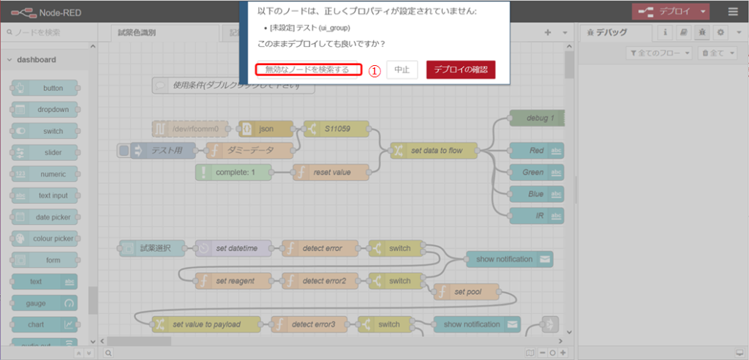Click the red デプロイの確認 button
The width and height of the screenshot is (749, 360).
click(x=461, y=70)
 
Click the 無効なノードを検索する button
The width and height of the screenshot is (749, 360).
click(x=308, y=70)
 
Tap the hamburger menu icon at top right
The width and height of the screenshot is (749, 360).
click(x=733, y=12)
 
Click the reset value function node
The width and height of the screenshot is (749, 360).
click(x=331, y=172)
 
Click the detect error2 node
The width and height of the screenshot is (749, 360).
click(x=324, y=280)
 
